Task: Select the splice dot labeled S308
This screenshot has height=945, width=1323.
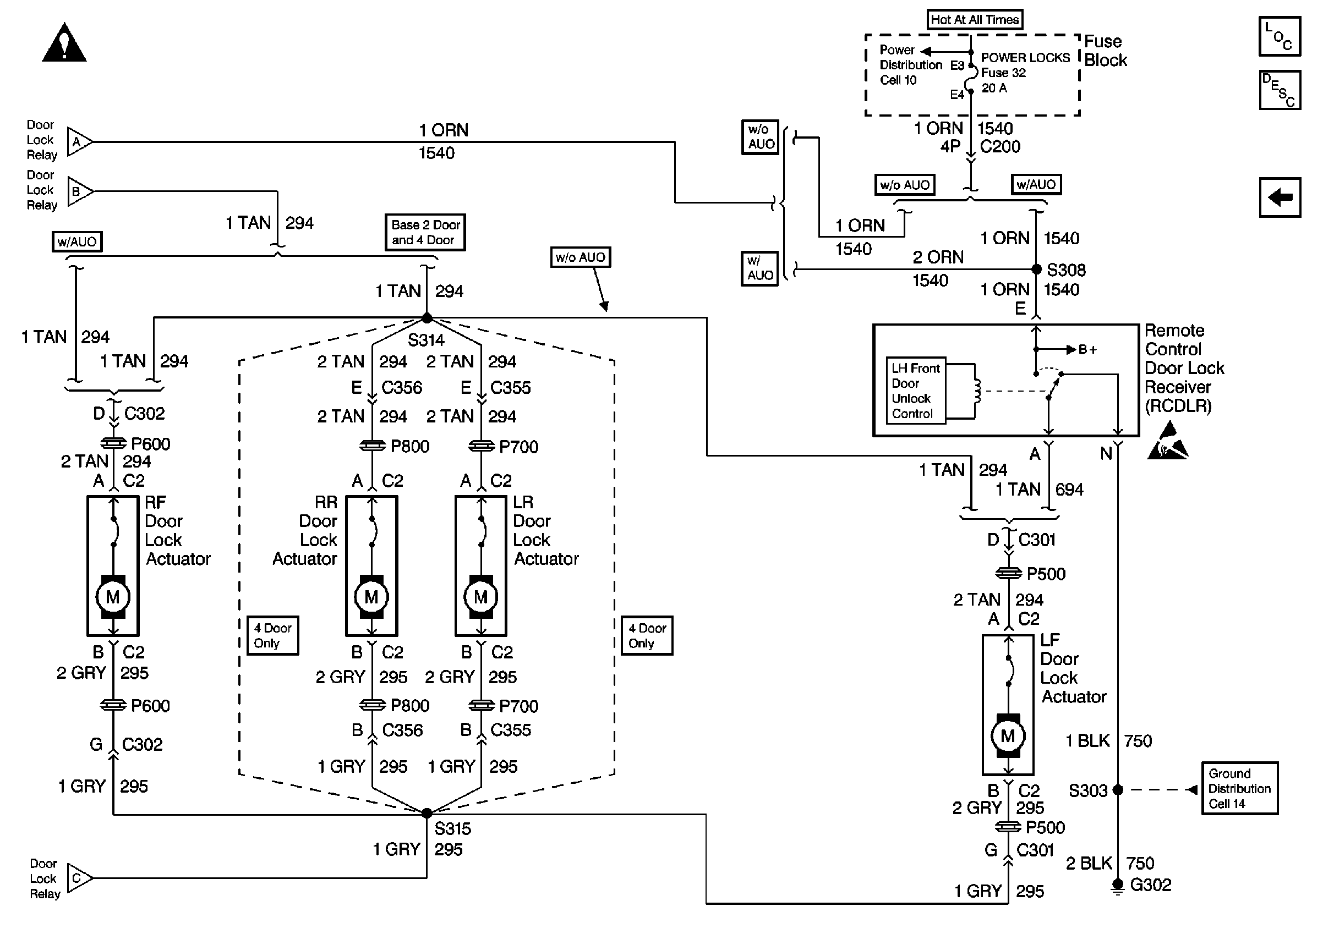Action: click(x=1037, y=269)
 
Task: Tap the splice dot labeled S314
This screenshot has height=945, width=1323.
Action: click(x=427, y=318)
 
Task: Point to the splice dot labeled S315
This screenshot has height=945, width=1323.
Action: click(x=427, y=813)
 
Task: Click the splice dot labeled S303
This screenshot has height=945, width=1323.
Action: click(x=1118, y=790)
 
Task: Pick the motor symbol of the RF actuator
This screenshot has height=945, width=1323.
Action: click(x=113, y=597)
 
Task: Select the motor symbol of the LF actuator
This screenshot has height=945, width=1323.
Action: click(x=1008, y=736)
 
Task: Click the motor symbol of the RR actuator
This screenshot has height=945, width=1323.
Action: click(x=371, y=597)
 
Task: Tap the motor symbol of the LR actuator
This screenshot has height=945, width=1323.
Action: click(x=481, y=597)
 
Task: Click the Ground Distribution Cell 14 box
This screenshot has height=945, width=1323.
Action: click(x=1239, y=788)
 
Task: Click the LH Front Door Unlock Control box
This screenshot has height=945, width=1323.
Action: click(x=916, y=391)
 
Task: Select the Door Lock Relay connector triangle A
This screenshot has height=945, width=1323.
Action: click(x=79, y=141)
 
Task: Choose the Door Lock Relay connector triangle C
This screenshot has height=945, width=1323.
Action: click(x=79, y=878)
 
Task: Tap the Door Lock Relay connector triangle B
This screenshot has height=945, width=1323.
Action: click(x=79, y=191)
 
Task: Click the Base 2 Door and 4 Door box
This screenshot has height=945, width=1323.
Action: click(x=425, y=232)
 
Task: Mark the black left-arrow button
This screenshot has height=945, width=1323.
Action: click(x=1280, y=197)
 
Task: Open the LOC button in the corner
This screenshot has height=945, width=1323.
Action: click(x=1280, y=36)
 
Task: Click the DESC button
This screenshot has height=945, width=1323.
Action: click(x=1280, y=90)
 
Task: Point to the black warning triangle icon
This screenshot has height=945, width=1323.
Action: click(x=64, y=43)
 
